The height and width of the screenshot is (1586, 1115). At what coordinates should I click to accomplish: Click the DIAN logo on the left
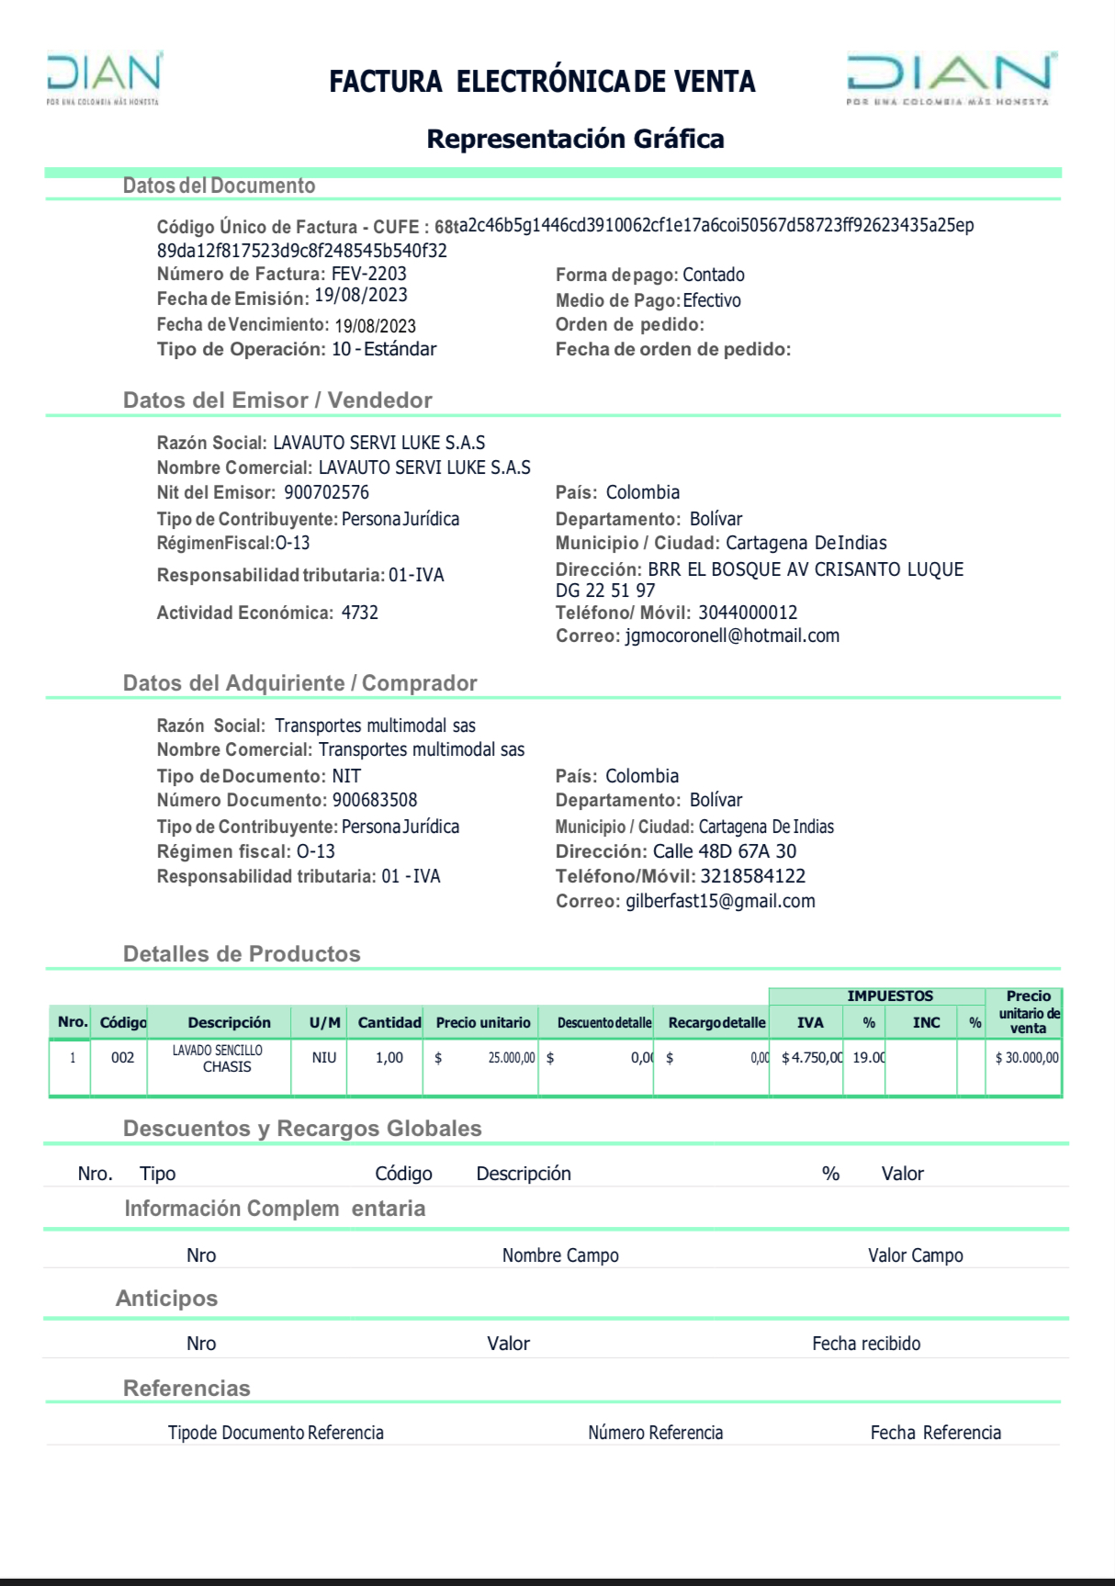pyautogui.click(x=104, y=78)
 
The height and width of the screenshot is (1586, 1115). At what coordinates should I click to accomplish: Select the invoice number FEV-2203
pyautogui.click(x=368, y=274)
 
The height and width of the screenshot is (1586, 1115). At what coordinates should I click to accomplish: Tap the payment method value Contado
pyautogui.click(x=714, y=275)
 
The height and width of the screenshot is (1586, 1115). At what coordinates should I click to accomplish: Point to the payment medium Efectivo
pyautogui.click(x=712, y=300)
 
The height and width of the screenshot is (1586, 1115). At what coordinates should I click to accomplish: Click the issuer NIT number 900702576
pyautogui.click(x=326, y=492)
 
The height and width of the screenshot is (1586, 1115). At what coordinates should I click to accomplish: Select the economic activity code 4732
pyautogui.click(x=360, y=613)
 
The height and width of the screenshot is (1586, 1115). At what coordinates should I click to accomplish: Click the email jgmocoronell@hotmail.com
pyautogui.click(x=732, y=636)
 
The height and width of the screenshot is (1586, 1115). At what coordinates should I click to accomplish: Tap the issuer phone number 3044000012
pyautogui.click(x=748, y=613)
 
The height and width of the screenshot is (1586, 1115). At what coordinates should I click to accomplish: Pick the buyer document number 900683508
pyautogui.click(x=375, y=800)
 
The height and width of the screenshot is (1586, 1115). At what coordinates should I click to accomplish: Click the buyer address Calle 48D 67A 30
pyautogui.click(x=725, y=851)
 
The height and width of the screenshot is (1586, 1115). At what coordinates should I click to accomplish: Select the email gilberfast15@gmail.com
pyautogui.click(x=720, y=901)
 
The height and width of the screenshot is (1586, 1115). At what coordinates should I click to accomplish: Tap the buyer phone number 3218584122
pyautogui.click(x=753, y=876)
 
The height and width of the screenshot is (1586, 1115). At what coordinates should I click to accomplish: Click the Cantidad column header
pyautogui.click(x=389, y=1022)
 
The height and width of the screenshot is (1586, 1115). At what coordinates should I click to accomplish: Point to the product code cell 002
pyautogui.click(x=122, y=1058)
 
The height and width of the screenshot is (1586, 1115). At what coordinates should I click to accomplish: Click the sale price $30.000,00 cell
pyautogui.click(x=1027, y=1058)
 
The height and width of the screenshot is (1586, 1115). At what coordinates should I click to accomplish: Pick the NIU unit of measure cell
pyautogui.click(x=324, y=1058)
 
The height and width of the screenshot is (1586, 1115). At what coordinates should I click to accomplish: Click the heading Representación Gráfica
pyautogui.click(x=575, y=139)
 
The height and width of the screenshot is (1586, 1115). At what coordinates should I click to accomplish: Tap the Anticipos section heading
pyautogui.click(x=166, y=1298)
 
